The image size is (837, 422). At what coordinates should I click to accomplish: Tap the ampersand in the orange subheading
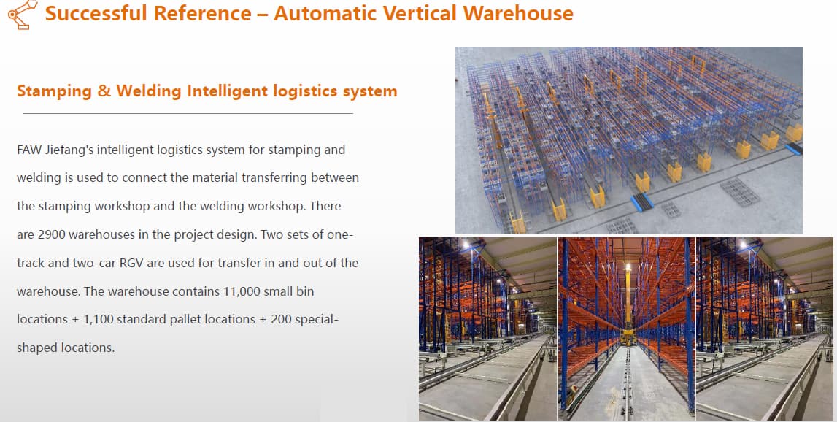coord(104,91)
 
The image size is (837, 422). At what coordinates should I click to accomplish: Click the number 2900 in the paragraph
coord(51,234)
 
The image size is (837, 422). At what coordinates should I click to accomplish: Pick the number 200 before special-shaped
coord(282,320)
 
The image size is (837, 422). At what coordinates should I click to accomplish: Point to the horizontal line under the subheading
coord(188,113)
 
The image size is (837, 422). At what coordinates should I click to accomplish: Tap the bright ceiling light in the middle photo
coord(628,266)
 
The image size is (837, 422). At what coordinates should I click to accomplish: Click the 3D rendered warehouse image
coord(629,140)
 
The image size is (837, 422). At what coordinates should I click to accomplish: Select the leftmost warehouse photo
coord(487,329)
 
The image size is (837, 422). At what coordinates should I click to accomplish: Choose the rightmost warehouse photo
coord(765,329)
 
